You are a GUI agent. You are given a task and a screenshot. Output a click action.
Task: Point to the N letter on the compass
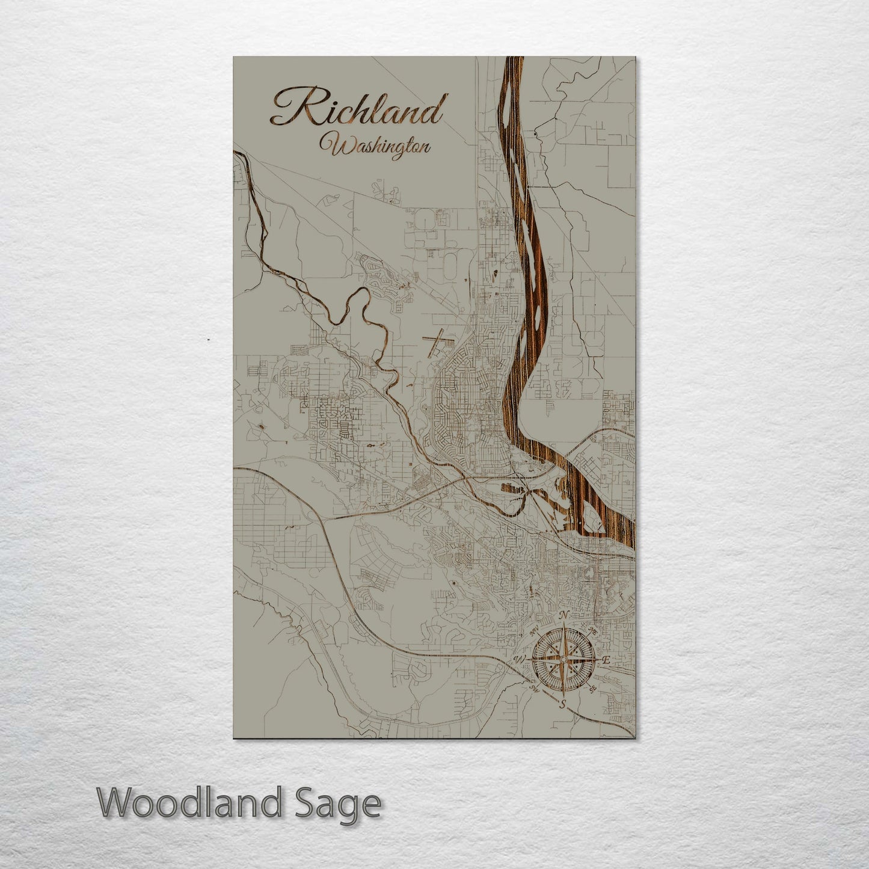564,615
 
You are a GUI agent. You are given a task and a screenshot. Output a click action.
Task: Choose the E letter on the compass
606,660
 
